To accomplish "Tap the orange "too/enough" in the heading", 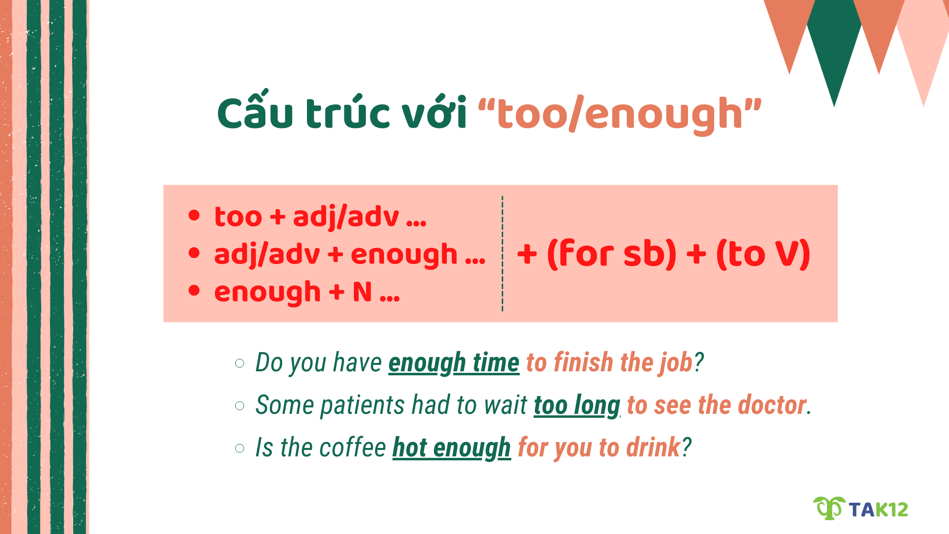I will click(x=619, y=114).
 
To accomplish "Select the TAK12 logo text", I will click(x=878, y=510).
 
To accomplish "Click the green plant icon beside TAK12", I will click(x=829, y=508).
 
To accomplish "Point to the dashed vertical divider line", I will click(x=502, y=253).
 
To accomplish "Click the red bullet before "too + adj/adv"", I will click(x=194, y=216).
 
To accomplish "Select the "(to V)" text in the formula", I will click(x=763, y=254).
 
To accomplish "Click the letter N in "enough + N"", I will click(x=362, y=292).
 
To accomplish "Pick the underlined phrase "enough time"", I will click(x=454, y=363).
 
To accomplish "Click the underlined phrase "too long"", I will click(x=577, y=405).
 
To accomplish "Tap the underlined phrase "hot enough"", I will click(x=451, y=448).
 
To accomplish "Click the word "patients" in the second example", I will click(x=363, y=405).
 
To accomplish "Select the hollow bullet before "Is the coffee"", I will click(x=240, y=448).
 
